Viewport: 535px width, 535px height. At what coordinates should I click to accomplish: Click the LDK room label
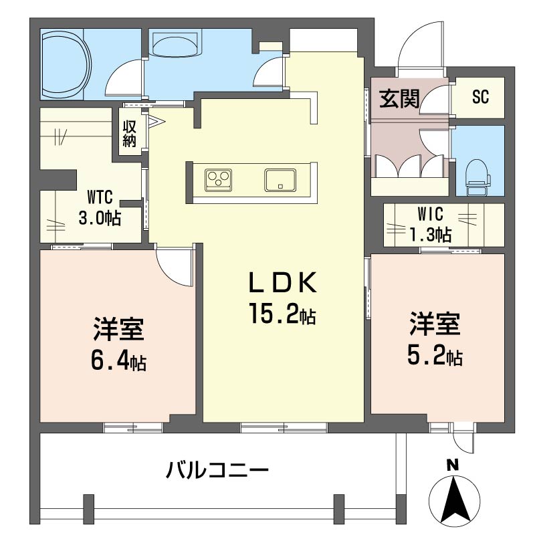282,282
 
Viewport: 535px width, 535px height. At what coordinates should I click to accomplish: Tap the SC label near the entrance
480,96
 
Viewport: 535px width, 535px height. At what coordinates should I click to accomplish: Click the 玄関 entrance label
399,98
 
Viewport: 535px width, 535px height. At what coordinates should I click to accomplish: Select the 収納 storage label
130,133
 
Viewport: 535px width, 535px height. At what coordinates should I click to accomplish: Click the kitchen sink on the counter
280,180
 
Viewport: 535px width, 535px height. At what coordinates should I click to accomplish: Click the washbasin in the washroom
175,43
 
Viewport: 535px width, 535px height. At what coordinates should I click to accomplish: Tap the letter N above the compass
453,465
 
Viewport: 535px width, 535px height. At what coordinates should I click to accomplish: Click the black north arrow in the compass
454,499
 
